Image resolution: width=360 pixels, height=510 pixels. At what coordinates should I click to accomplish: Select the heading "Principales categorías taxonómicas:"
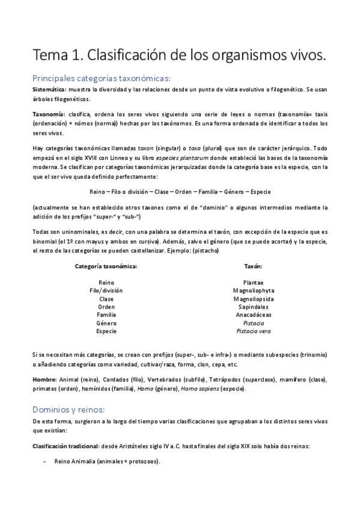tap(102, 78)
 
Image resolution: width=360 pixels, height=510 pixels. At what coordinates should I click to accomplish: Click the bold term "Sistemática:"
tap(50, 89)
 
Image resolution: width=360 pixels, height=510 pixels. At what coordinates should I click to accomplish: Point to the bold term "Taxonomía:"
tap(49, 114)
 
